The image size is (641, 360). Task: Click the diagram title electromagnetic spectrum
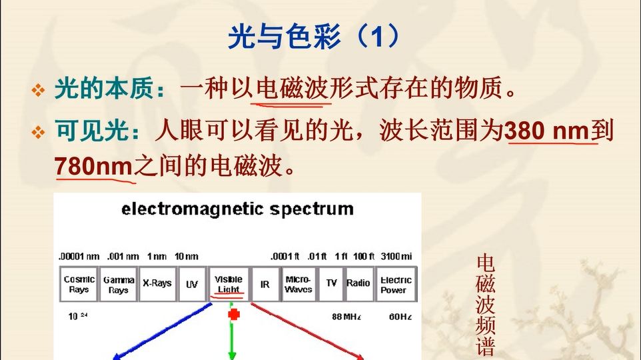237,209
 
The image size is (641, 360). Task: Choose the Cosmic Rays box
79,284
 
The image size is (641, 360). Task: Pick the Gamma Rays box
119,284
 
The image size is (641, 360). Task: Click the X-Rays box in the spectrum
157,284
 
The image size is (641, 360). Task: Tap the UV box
192,284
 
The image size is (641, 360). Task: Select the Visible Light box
229,284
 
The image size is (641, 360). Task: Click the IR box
265,284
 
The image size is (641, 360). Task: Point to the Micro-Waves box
298,284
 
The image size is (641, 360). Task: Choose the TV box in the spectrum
331,284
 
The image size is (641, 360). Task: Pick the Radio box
358,284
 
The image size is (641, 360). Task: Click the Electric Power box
396,284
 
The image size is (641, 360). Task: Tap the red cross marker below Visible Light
233,314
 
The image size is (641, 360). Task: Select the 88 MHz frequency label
346,316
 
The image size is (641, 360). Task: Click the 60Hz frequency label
400,316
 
